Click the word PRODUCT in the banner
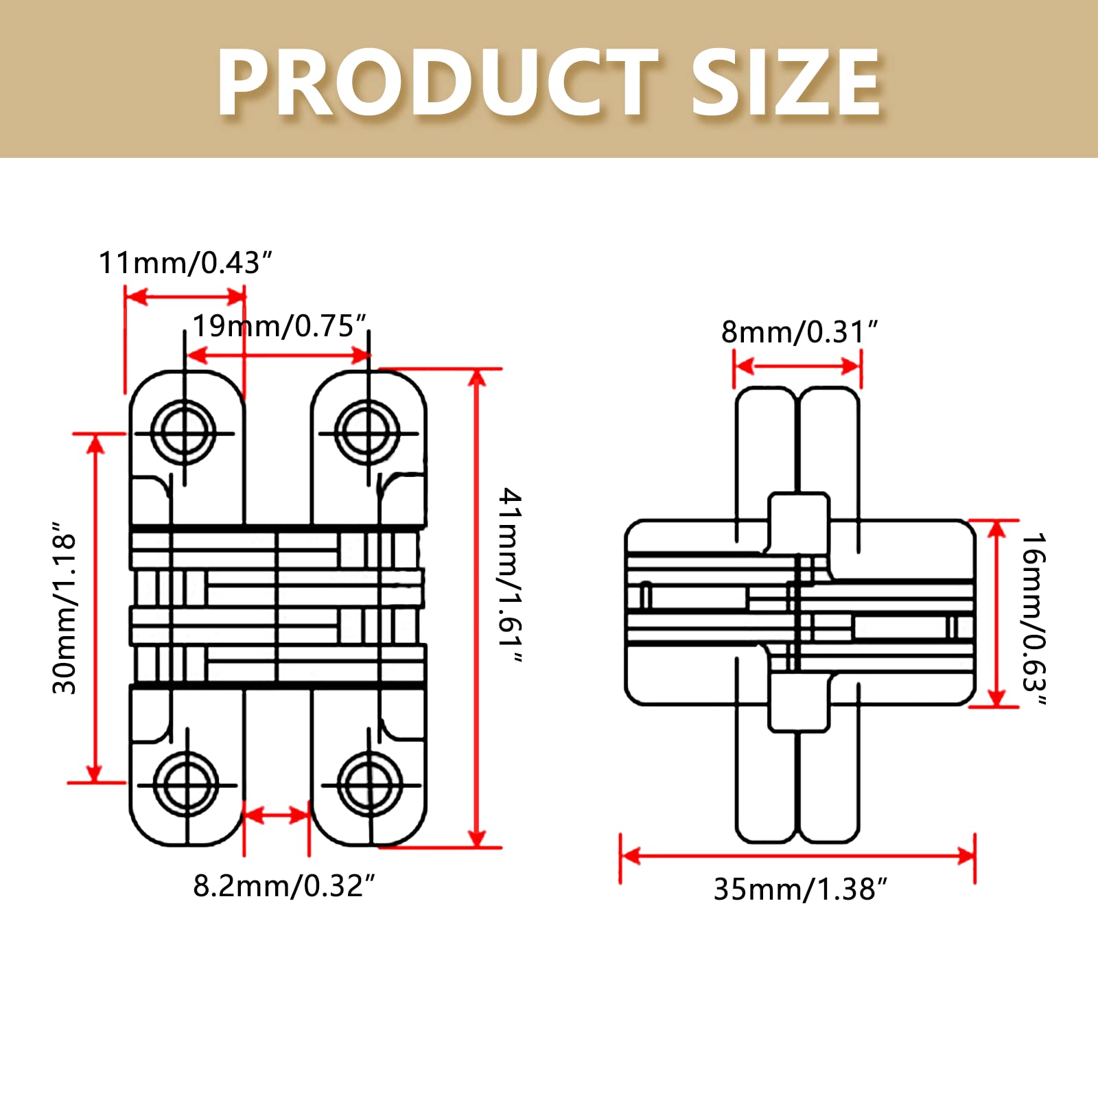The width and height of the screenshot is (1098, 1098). (437, 84)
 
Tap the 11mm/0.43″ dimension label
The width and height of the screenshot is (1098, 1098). (185, 263)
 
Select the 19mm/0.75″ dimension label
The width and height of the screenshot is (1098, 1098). (279, 326)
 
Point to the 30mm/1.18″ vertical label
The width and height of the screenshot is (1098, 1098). (65, 607)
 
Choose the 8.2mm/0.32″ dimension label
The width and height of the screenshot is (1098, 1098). (283, 886)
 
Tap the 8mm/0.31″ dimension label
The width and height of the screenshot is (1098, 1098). (799, 332)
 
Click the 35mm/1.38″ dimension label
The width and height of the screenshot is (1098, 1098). (800, 889)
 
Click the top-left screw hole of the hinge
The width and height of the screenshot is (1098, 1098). (184, 433)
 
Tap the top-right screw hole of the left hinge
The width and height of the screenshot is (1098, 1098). (368, 433)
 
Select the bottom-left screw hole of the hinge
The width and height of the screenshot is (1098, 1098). (186, 784)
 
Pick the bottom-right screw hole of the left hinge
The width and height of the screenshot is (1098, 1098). (370, 784)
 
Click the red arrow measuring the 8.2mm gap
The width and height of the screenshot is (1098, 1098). (277, 815)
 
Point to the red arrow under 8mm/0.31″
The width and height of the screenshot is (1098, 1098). (797, 365)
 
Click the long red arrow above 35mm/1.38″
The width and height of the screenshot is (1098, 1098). (797, 856)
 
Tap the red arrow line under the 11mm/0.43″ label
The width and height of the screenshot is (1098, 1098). (185, 296)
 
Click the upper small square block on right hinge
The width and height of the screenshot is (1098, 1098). (798, 520)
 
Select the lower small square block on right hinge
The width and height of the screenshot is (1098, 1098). (798, 703)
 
